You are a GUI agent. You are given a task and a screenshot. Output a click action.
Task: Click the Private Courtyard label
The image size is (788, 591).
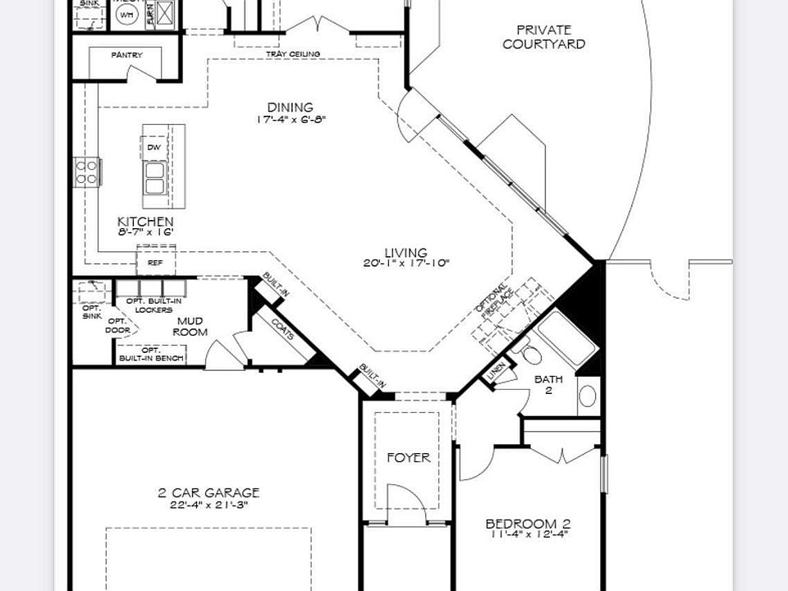pos(543,37)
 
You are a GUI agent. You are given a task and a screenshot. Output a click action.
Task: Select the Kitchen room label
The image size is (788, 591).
pos(145,222)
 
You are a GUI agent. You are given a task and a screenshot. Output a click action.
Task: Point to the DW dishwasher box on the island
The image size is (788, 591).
pos(153,147)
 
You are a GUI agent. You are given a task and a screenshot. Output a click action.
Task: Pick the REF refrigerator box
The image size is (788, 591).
pos(155,263)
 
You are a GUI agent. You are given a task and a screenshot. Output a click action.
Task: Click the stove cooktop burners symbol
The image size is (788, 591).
pos(87,172)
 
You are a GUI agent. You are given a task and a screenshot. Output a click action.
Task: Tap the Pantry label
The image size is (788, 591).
pos(126,55)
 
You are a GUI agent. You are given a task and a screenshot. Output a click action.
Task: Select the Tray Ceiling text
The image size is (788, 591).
pos(293,54)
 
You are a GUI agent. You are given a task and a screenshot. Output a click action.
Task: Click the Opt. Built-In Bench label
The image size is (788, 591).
pos(152,354)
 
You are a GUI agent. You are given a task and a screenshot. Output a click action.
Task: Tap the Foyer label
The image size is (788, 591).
pos(408,457)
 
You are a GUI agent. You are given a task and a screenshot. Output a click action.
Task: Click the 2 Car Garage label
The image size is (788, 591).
pos(208,492)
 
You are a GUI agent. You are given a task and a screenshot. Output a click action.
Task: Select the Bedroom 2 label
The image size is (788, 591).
pos(528,524)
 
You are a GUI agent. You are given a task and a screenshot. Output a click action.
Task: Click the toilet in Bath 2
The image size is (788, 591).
pos(529,353)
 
